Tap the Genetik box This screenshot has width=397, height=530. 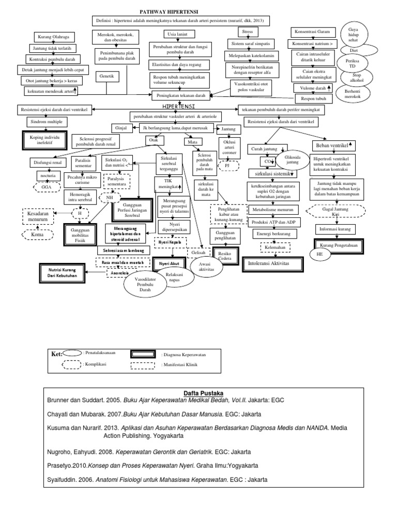click(108, 76)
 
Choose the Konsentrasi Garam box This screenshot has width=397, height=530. click(314, 31)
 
